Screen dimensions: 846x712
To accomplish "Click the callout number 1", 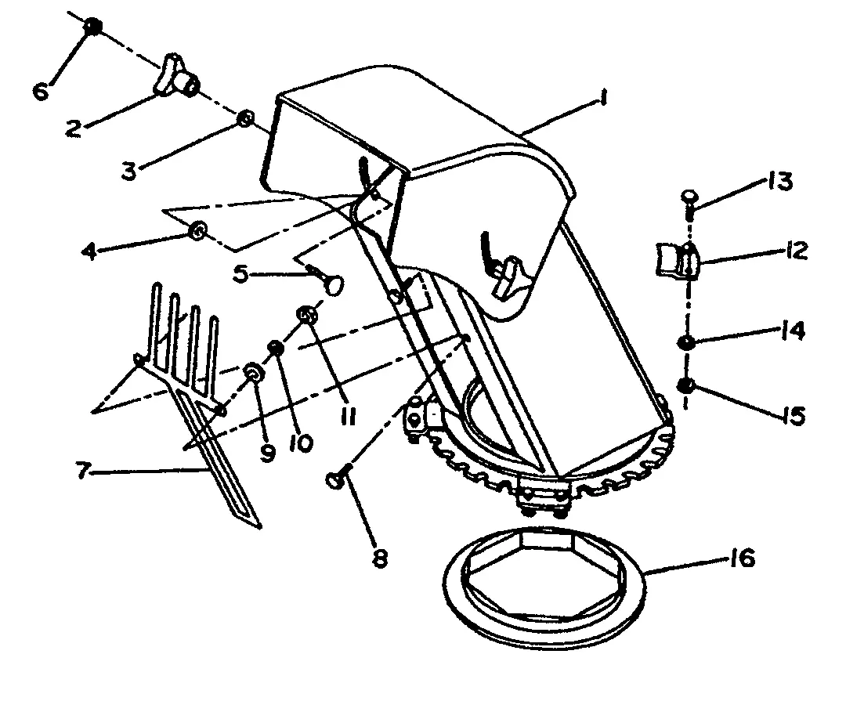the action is (x=603, y=98).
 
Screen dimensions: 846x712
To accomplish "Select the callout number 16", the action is (x=743, y=558).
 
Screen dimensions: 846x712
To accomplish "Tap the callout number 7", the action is (x=81, y=470).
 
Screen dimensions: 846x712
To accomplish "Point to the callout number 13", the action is (x=779, y=181).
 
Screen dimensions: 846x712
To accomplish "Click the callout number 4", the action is (x=90, y=251).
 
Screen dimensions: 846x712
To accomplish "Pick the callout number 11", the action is (x=349, y=416).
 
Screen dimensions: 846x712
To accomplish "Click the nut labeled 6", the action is (x=92, y=25).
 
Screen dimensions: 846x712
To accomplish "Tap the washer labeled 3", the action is (x=245, y=118).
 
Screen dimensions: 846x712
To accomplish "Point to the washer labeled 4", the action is (x=198, y=231).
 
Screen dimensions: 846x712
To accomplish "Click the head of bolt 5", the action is (x=334, y=284).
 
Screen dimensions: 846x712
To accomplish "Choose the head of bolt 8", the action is (x=334, y=480).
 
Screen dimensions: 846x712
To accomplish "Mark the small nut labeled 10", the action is (x=277, y=347).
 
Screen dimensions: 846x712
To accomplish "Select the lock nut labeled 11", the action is (x=306, y=314).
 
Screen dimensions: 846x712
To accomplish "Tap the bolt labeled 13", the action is (x=689, y=202).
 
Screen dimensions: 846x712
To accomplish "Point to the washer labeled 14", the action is (x=686, y=342).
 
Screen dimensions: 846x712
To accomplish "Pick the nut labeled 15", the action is (x=685, y=385).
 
